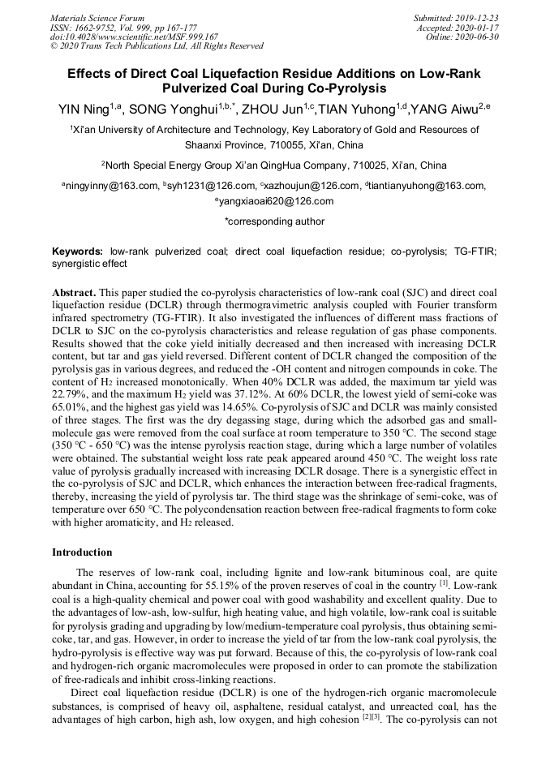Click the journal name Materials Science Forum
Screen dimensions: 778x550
[x=97, y=18]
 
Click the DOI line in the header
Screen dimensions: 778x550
[x=134, y=37]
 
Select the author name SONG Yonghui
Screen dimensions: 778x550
[x=172, y=108]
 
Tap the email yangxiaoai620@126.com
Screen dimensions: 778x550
[x=277, y=201]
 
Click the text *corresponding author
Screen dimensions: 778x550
[x=274, y=221]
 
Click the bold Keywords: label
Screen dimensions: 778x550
[x=78, y=252]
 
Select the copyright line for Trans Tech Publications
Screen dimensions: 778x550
[x=156, y=46]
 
